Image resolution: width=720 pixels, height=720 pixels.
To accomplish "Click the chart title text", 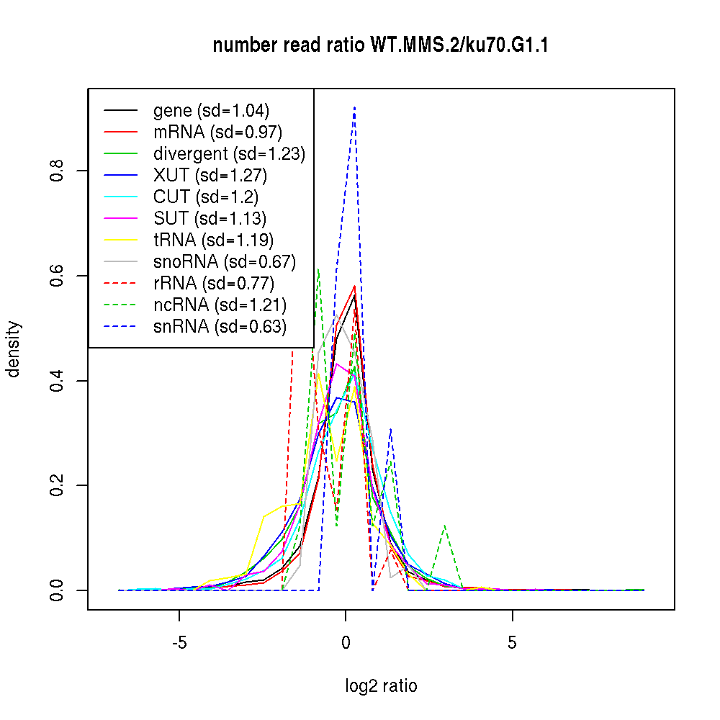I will [381, 46].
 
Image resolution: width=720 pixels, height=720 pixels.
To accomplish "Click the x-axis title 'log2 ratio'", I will [381, 686].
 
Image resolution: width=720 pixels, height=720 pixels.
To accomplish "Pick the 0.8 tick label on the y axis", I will [57, 170].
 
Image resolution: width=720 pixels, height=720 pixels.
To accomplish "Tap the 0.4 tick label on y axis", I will [57, 380].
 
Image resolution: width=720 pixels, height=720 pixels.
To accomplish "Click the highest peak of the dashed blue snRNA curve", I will [354, 107].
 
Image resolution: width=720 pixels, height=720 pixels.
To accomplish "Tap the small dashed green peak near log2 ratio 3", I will [446, 526].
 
